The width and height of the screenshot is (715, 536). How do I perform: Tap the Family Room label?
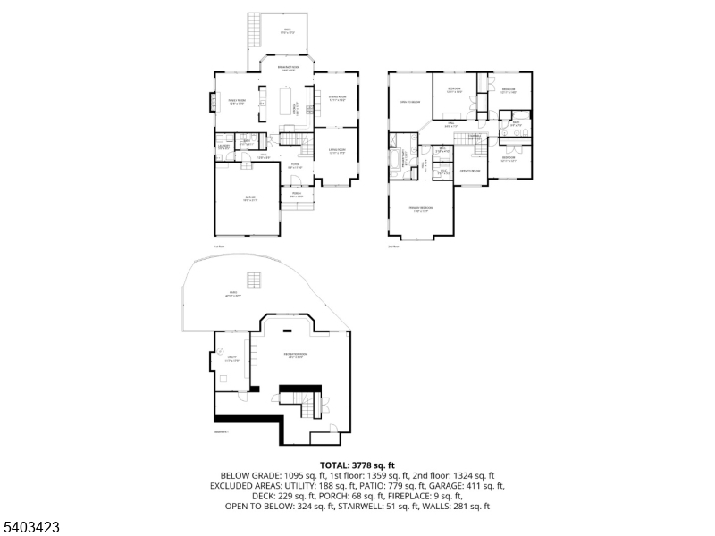(x=237, y=102)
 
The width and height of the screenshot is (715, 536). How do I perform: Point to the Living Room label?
(x=337, y=151)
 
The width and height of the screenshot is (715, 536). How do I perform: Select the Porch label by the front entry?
(x=296, y=196)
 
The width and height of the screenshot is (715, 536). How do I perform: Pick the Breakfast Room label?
(x=288, y=68)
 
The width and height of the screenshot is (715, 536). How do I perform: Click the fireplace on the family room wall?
(x=212, y=104)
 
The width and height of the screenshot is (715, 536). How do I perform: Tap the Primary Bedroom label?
(x=418, y=210)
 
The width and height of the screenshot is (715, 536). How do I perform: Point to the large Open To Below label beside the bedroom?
(x=409, y=102)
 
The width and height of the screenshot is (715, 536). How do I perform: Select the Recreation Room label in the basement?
(x=296, y=355)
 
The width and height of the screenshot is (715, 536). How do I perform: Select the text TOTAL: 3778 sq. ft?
(x=357, y=465)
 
